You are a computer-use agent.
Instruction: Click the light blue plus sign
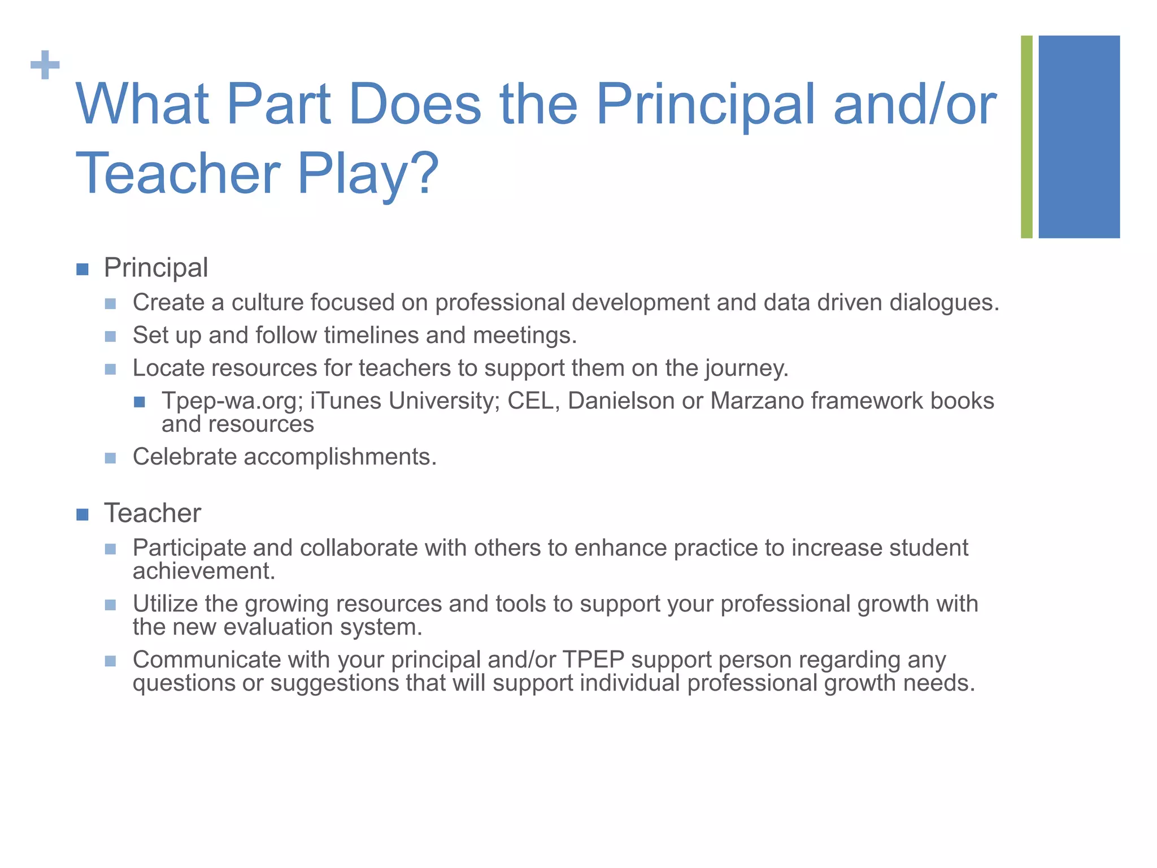click(45, 66)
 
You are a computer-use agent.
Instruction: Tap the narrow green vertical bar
click(1026, 137)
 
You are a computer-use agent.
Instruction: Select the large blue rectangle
click(1079, 137)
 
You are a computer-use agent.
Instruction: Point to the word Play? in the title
click(368, 174)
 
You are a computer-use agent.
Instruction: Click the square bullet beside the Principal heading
click(82, 269)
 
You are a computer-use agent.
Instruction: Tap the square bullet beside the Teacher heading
click(82, 514)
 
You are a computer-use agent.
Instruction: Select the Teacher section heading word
click(153, 513)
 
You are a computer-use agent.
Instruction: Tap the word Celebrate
click(184, 457)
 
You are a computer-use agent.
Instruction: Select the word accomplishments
click(340, 457)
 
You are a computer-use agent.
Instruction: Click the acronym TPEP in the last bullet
click(593, 660)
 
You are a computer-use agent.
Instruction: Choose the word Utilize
click(164, 604)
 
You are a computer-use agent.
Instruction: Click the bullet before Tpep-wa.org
click(140, 402)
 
